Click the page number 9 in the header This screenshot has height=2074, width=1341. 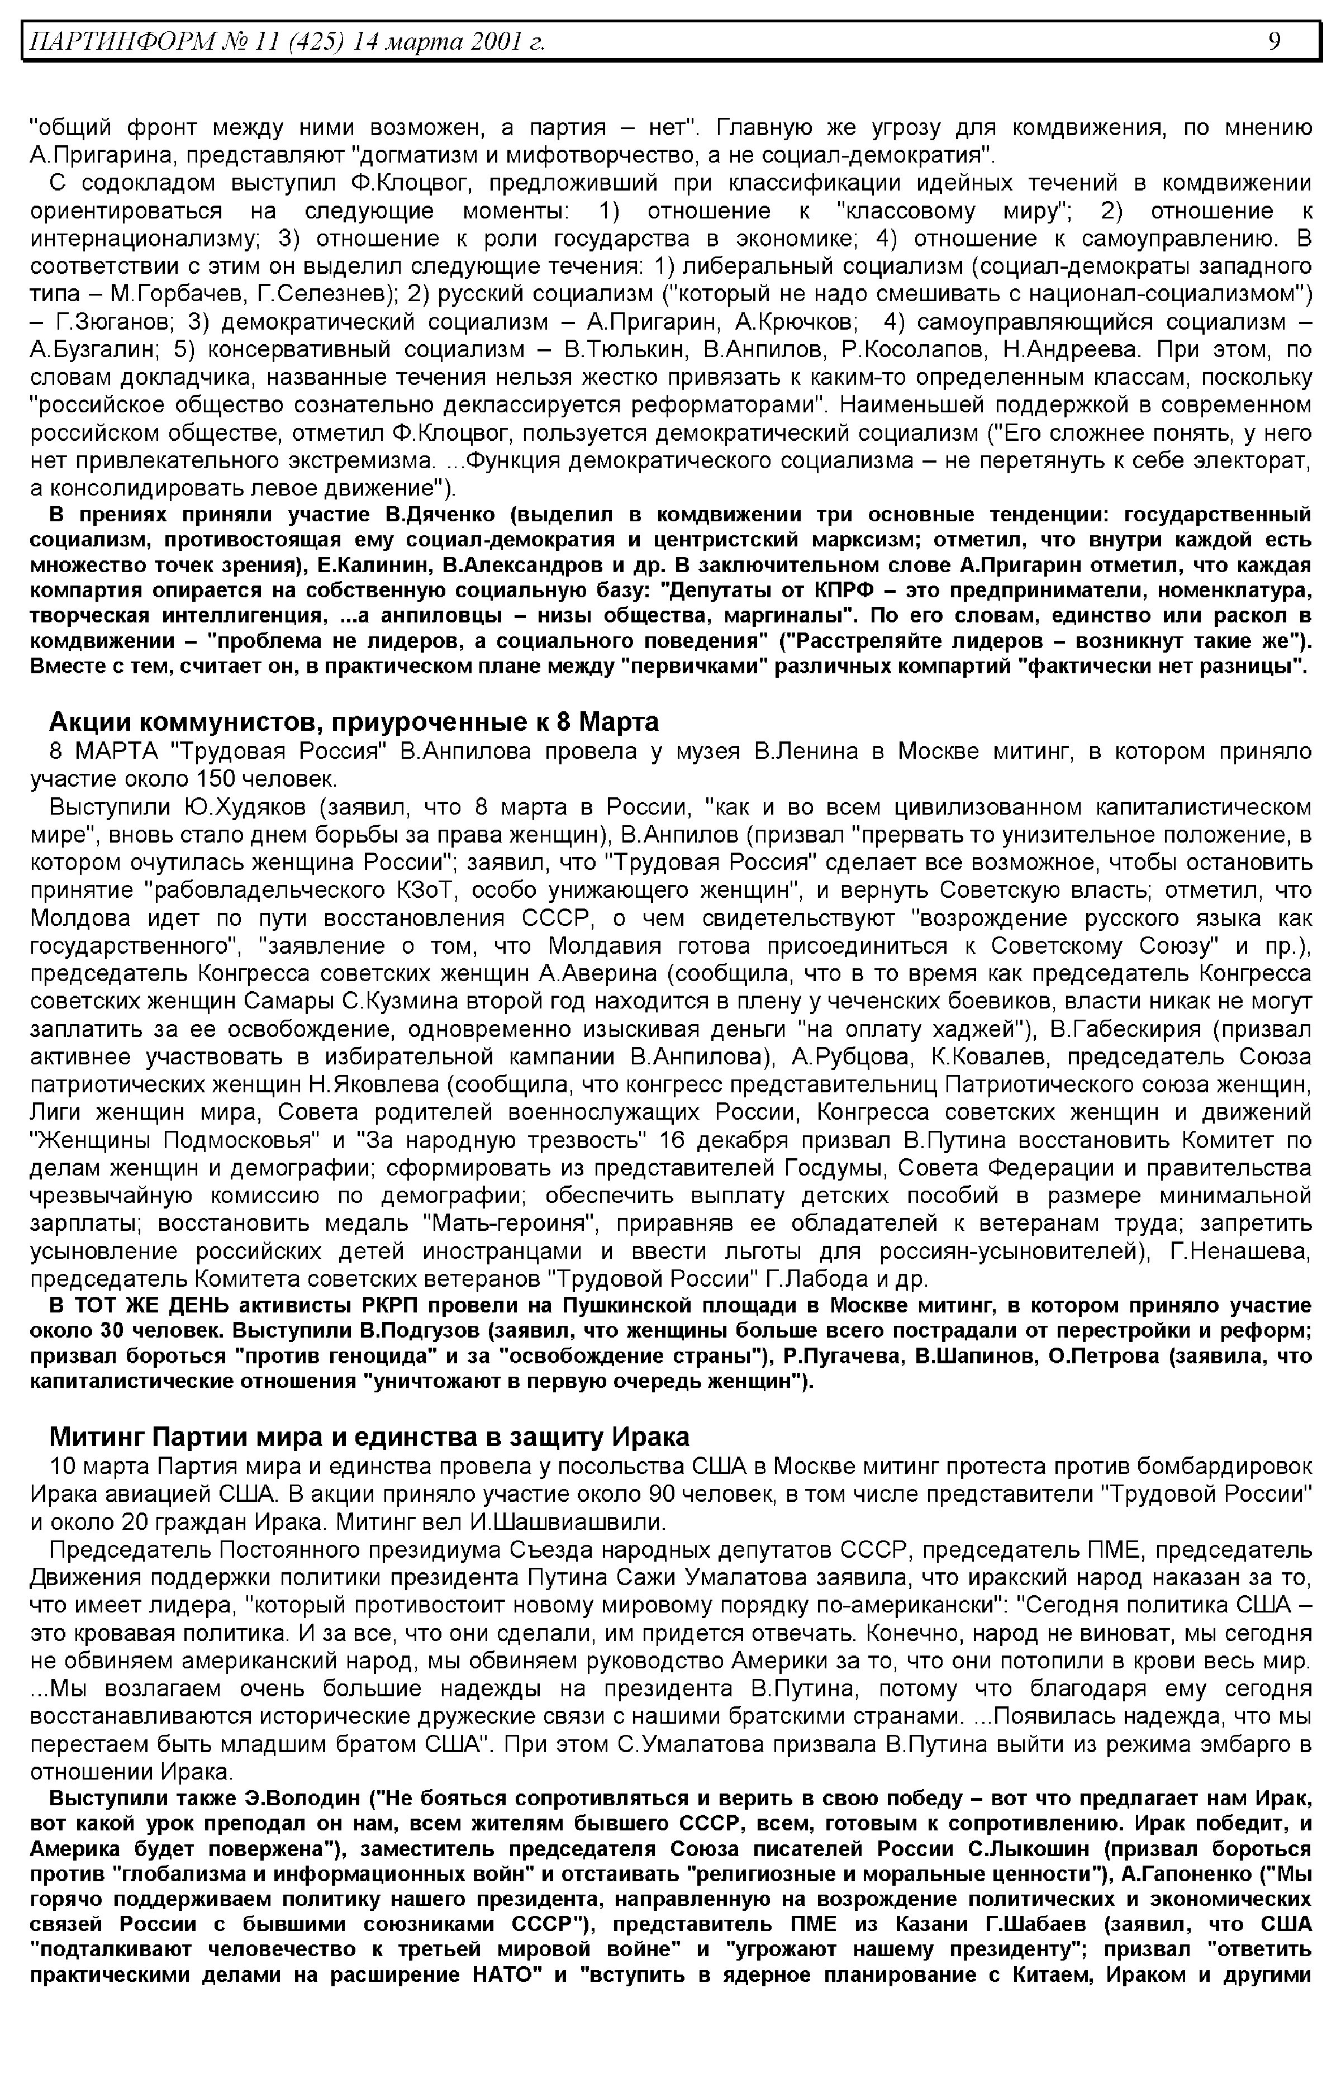pyautogui.click(x=1274, y=41)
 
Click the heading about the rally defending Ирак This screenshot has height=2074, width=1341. pyautogui.click(x=369, y=1436)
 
